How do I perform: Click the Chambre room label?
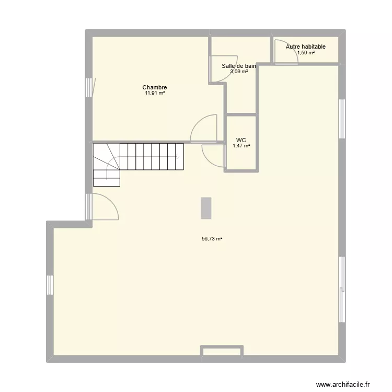pos(154,88)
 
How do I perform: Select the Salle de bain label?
pos(239,66)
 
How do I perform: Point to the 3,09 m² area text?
pos(239,72)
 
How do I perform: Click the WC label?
pos(241,140)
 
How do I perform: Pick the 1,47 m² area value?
pos(241,146)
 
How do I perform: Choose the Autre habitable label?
pos(305,47)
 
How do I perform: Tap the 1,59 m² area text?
pos(306,52)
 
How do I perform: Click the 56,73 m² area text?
pos(212,239)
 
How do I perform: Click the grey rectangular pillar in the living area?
pos(206,208)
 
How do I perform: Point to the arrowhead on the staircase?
pos(178,156)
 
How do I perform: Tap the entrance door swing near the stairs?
pos(105,207)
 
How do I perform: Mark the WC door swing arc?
pos(211,155)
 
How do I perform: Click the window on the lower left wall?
pos(50,285)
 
